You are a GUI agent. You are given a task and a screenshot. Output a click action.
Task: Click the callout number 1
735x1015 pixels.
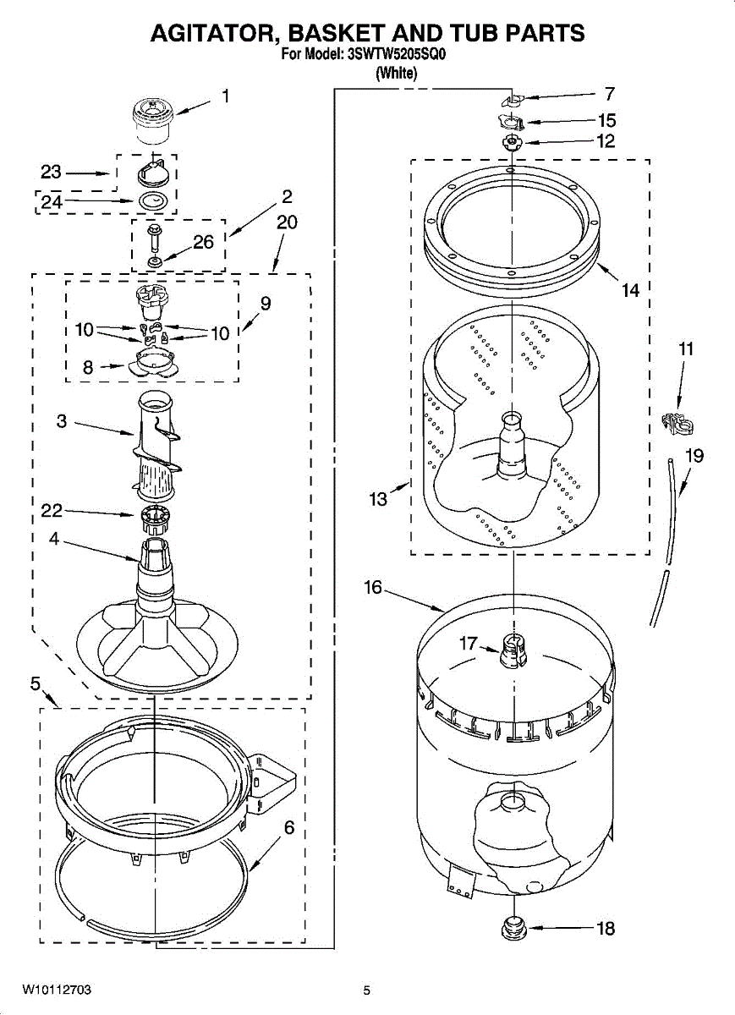[225, 96]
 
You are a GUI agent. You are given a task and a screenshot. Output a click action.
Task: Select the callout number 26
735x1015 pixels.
[203, 242]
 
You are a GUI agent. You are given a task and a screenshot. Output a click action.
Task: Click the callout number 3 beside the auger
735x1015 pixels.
[62, 420]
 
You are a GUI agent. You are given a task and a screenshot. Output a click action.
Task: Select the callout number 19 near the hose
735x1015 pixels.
[694, 456]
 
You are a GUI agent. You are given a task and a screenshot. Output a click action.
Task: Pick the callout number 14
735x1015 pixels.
[630, 291]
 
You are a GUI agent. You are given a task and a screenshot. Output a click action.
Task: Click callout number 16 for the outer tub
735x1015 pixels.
[374, 587]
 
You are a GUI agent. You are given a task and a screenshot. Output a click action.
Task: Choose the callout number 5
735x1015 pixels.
[36, 683]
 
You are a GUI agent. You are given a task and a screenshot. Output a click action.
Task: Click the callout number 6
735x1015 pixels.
[288, 828]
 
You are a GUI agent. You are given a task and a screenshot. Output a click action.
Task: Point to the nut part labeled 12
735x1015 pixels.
[512, 141]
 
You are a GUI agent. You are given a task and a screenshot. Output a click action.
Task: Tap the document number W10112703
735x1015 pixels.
[57, 990]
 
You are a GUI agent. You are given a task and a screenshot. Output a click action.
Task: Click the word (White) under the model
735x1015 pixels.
[397, 74]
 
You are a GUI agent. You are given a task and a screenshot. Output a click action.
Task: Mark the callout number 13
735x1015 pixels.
[377, 499]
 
